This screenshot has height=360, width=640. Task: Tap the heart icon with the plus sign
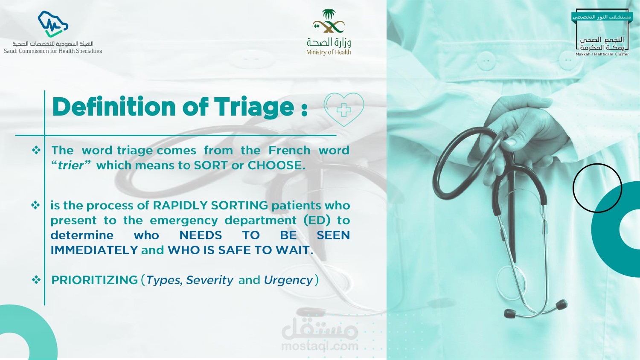click(x=344, y=110)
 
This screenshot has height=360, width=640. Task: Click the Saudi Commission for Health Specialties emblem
click(x=53, y=24)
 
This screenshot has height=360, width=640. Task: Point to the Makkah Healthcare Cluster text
click(x=602, y=54)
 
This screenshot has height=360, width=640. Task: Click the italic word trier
click(x=71, y=165)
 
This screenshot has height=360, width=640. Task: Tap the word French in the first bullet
click(x=289, y=150)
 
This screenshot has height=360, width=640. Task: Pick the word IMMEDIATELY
click(x=94, y=250)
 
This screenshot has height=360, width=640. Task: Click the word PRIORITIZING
click(x=95, y=280)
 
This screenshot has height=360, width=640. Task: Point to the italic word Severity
click(x=210, y=280)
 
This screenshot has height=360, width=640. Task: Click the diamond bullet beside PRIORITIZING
click(x=36, y=280)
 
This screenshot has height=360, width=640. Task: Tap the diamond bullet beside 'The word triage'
click(x=36, y=150)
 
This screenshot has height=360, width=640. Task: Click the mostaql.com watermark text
click(x=320, y=346)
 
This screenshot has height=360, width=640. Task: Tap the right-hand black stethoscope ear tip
click(x=561, y=304)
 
